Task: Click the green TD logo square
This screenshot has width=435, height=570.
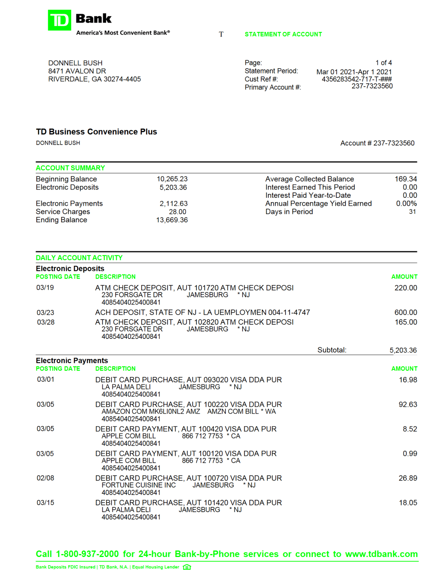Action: tap(59, 20)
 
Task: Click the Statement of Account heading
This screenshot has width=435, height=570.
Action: tap(283, 34)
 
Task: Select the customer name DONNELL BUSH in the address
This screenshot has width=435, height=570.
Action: tap(75, 63)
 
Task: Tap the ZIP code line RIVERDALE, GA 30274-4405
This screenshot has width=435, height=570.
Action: tap(95, 79)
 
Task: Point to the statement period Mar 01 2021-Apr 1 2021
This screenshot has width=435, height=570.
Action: tap(354, 72)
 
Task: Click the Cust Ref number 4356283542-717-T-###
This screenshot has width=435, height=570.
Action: tap(356, 79)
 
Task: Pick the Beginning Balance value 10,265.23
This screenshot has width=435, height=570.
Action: tap(172, 179)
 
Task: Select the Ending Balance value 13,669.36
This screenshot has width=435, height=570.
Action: tap(172, 220)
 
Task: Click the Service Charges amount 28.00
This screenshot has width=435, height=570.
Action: tap(178, 212)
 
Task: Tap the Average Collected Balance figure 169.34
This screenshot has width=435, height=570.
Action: tap(406, 179)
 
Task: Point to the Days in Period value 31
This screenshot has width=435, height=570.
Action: tap(412, 212)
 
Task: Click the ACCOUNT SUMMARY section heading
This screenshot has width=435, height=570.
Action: tap(70, 168)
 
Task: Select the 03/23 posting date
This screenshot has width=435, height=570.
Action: tap(45, 313)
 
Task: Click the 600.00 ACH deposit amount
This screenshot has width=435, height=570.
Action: tap(406, 312)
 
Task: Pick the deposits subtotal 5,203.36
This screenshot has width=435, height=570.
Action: tap(403, 350)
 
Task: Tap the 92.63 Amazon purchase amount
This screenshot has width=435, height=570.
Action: tap(408, 404)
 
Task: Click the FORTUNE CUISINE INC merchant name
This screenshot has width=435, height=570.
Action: tap(139, 485)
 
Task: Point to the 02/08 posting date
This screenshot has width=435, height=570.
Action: tap(45, 478)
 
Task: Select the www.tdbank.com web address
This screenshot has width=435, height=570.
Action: tap(381, 554)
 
